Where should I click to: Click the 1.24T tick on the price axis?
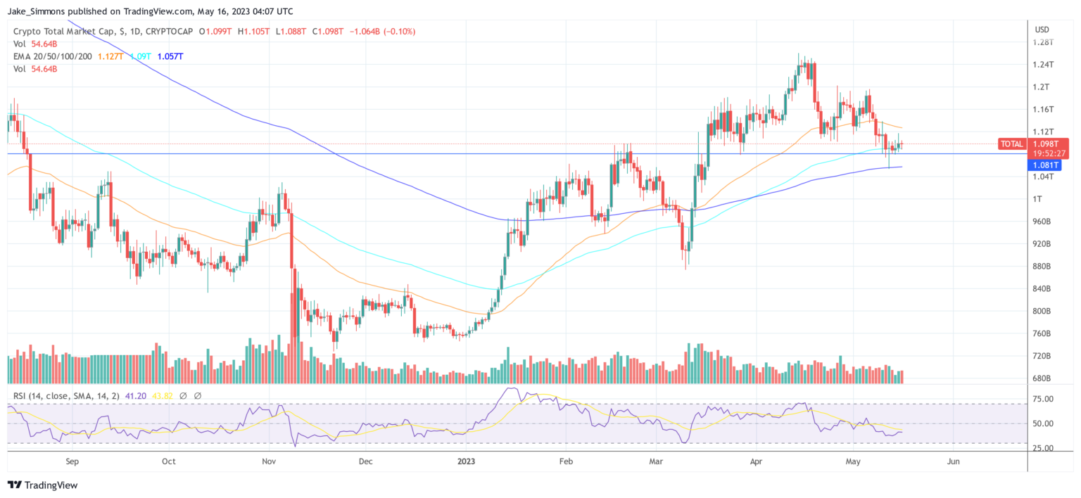tap(1044, 65)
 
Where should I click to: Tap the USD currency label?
tap(1042, 30)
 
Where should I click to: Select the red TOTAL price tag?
tap(1012, 144)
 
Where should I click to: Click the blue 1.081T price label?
tap(1045, 165)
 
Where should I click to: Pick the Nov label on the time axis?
tap(268, 462)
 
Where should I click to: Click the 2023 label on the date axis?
tap(466, 462)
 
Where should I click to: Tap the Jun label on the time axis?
tap(953, 462)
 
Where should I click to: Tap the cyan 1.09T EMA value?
tap(141, 56)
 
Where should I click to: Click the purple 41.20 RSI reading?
tap(137, 396)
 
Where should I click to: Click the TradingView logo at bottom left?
tap(42, 485)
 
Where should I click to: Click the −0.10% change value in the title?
tap(398, 32)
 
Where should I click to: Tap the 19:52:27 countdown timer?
tap(1044, 152)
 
